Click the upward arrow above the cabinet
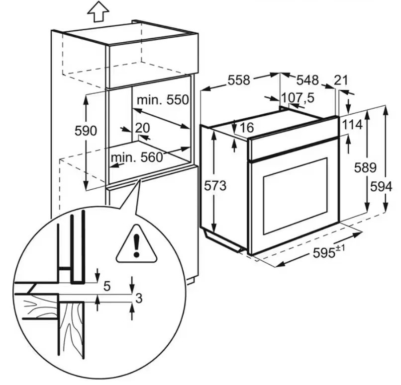click(98, 10)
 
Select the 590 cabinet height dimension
click(86, 131)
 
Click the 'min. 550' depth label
click(163, 100)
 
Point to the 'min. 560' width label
click(137, 158)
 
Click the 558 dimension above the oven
click(239, 80)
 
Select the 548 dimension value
click(307, 80)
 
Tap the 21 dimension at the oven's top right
click(342, 80)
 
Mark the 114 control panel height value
click(352, 126)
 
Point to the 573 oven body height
click(215, 186)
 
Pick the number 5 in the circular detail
click(107, 286)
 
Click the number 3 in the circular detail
click(139, 298)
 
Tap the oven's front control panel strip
click(294, 141)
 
